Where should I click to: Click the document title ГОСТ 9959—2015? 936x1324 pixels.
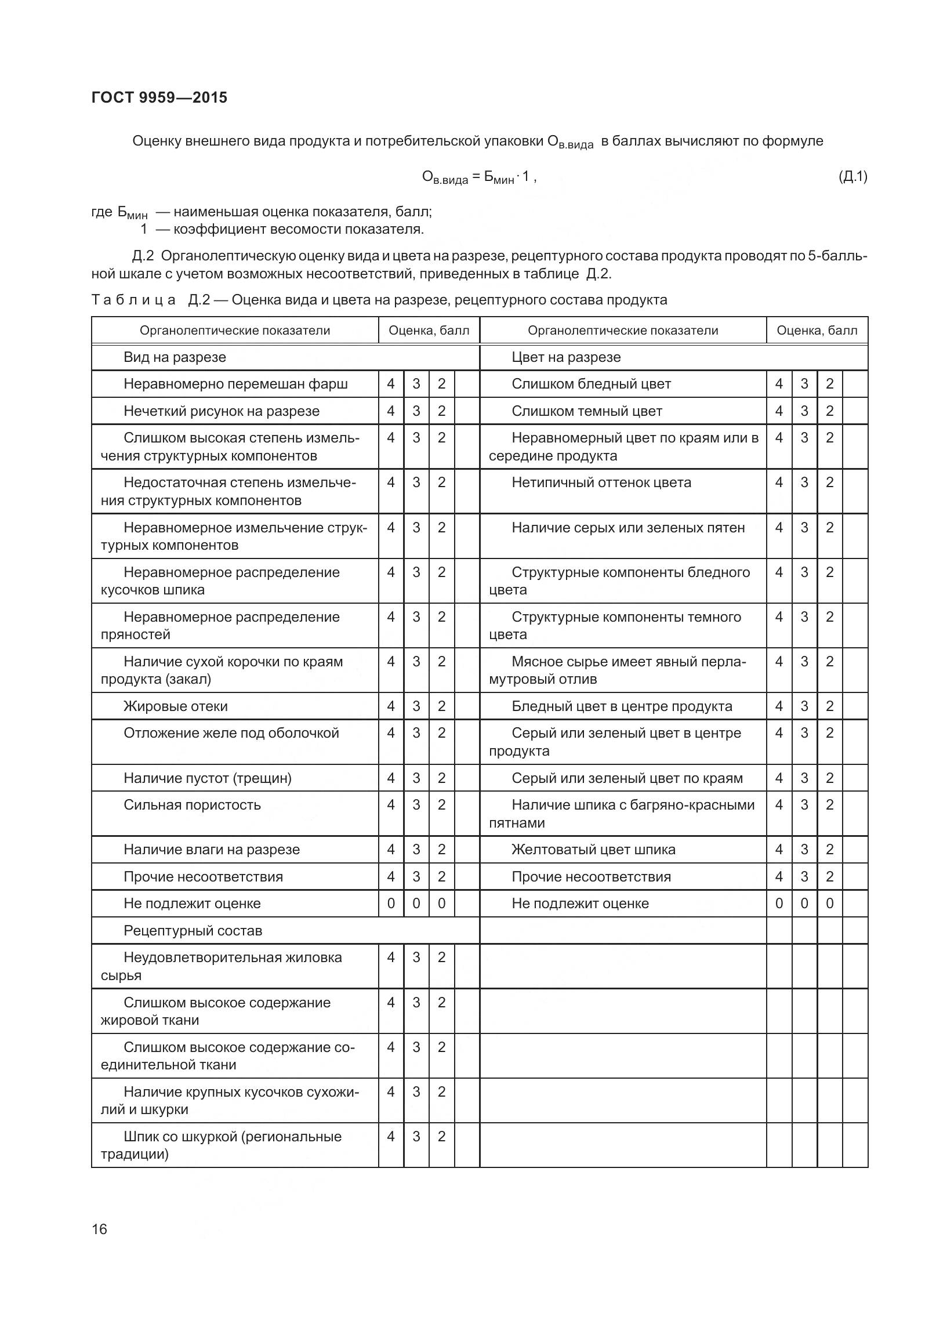click(159, 97)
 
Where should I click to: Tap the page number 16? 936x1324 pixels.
click(99, 1229)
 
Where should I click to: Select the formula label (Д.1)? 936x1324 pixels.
click(852, 176)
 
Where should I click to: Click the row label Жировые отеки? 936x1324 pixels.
click(175, 706)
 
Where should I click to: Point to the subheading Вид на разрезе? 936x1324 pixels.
click(175, 357)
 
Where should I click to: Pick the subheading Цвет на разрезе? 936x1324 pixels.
click(565, 357)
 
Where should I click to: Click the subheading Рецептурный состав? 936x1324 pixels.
click(193, 931)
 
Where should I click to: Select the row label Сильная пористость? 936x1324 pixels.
click(192, 805)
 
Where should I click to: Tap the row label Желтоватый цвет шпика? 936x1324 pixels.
click(593, 850)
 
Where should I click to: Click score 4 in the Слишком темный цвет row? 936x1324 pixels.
click(779, 411)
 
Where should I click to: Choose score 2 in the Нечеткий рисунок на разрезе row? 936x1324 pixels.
click(441, 411)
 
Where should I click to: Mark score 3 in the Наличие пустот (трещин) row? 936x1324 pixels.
click(416, 778)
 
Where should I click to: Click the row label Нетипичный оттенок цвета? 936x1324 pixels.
click(601, 483)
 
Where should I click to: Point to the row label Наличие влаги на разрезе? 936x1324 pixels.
click(212, 850)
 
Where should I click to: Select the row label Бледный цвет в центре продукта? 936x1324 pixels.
click(622, 706)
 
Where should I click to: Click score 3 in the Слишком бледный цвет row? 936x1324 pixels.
click(804, 384)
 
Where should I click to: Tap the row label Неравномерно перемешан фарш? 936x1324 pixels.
click(235, 384)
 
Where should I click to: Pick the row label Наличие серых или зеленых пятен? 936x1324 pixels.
click(628, 528)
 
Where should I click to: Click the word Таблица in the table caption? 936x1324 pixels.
click(133, 300)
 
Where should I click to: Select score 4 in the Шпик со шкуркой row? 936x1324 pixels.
click(391, 1137)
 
